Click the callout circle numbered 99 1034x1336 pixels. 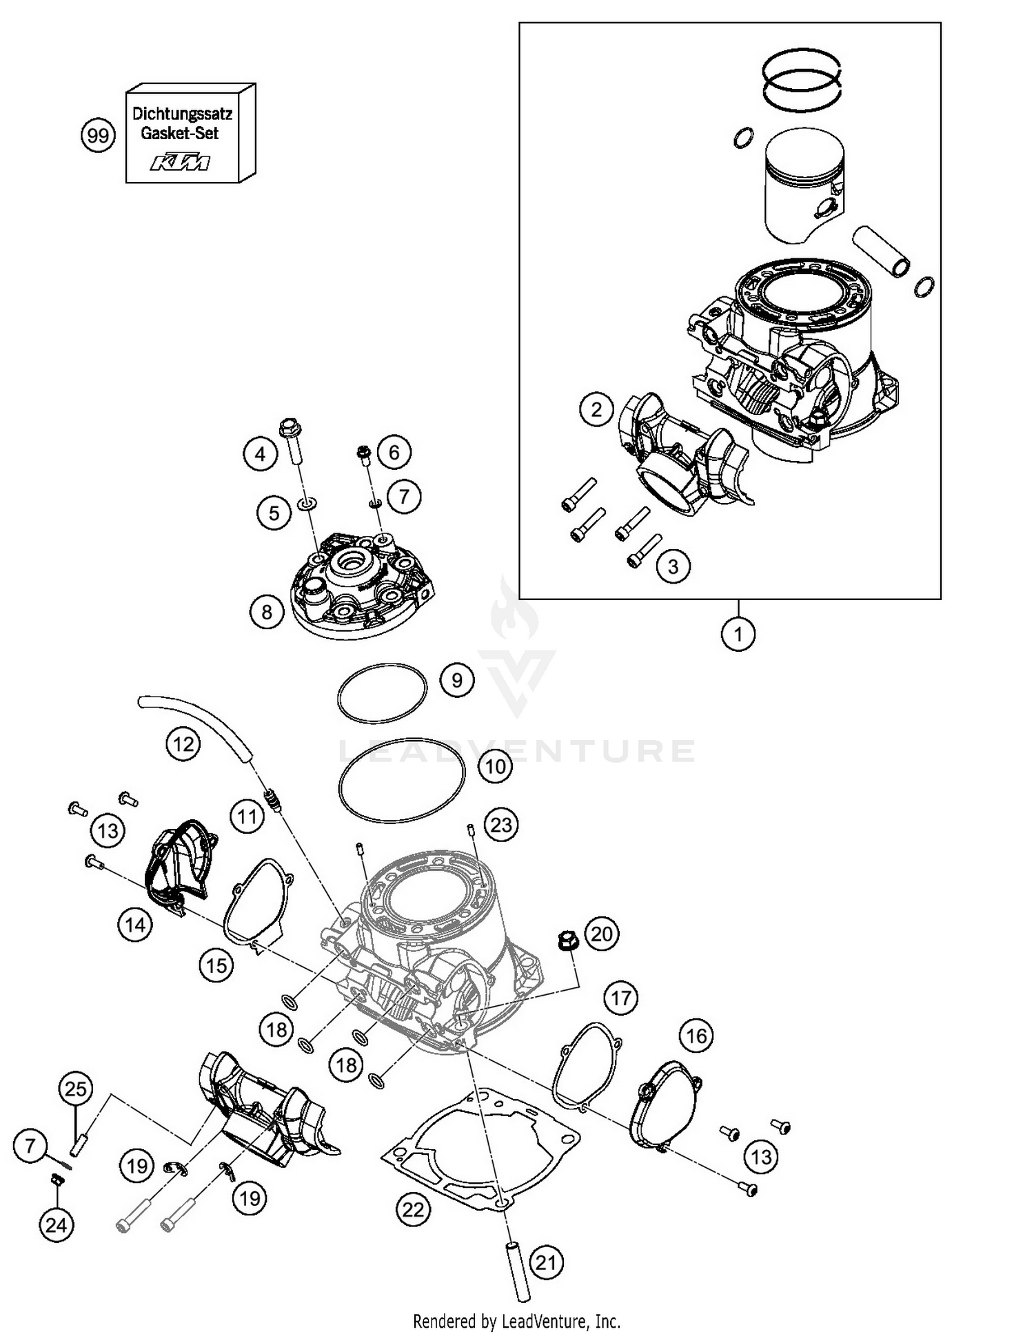(98, 136)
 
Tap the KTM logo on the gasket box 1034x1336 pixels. (181, 163)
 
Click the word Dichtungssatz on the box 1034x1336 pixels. (182, 113)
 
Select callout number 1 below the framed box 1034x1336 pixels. (738, 633)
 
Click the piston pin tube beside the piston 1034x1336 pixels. (882, 252)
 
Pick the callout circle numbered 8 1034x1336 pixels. (267, 612)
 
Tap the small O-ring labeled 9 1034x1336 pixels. (382, 693)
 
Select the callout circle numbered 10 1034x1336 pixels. (496, 766)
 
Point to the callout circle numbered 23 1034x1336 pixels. (501, 824)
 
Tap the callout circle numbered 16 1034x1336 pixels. (696, 1036)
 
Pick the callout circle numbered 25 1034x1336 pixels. (76, 1089)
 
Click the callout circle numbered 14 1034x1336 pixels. (135, 924)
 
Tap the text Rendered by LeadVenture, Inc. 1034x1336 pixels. (516, 1321)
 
